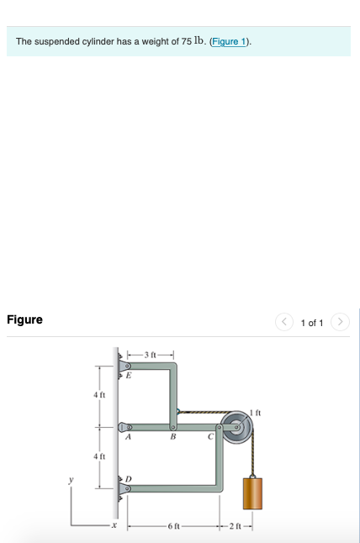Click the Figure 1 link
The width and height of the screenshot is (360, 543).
click(x=229, y=41)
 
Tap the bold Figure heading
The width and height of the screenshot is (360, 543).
click(x=24, y=319)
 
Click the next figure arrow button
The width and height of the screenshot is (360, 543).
click(x=340, y=322)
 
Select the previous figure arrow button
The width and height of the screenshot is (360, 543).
click(x=284, y=322)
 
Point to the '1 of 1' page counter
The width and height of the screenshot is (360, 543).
click(x=312, y=323)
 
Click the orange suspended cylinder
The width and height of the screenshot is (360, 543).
click(x=252, y=493)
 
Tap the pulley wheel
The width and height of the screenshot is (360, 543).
click(x=237, y=427)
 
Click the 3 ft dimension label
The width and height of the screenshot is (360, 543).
click(x=151, y=355)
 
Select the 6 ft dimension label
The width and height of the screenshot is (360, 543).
click(x=173, y=526)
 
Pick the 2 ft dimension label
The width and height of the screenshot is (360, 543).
click(x=236, y=526)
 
